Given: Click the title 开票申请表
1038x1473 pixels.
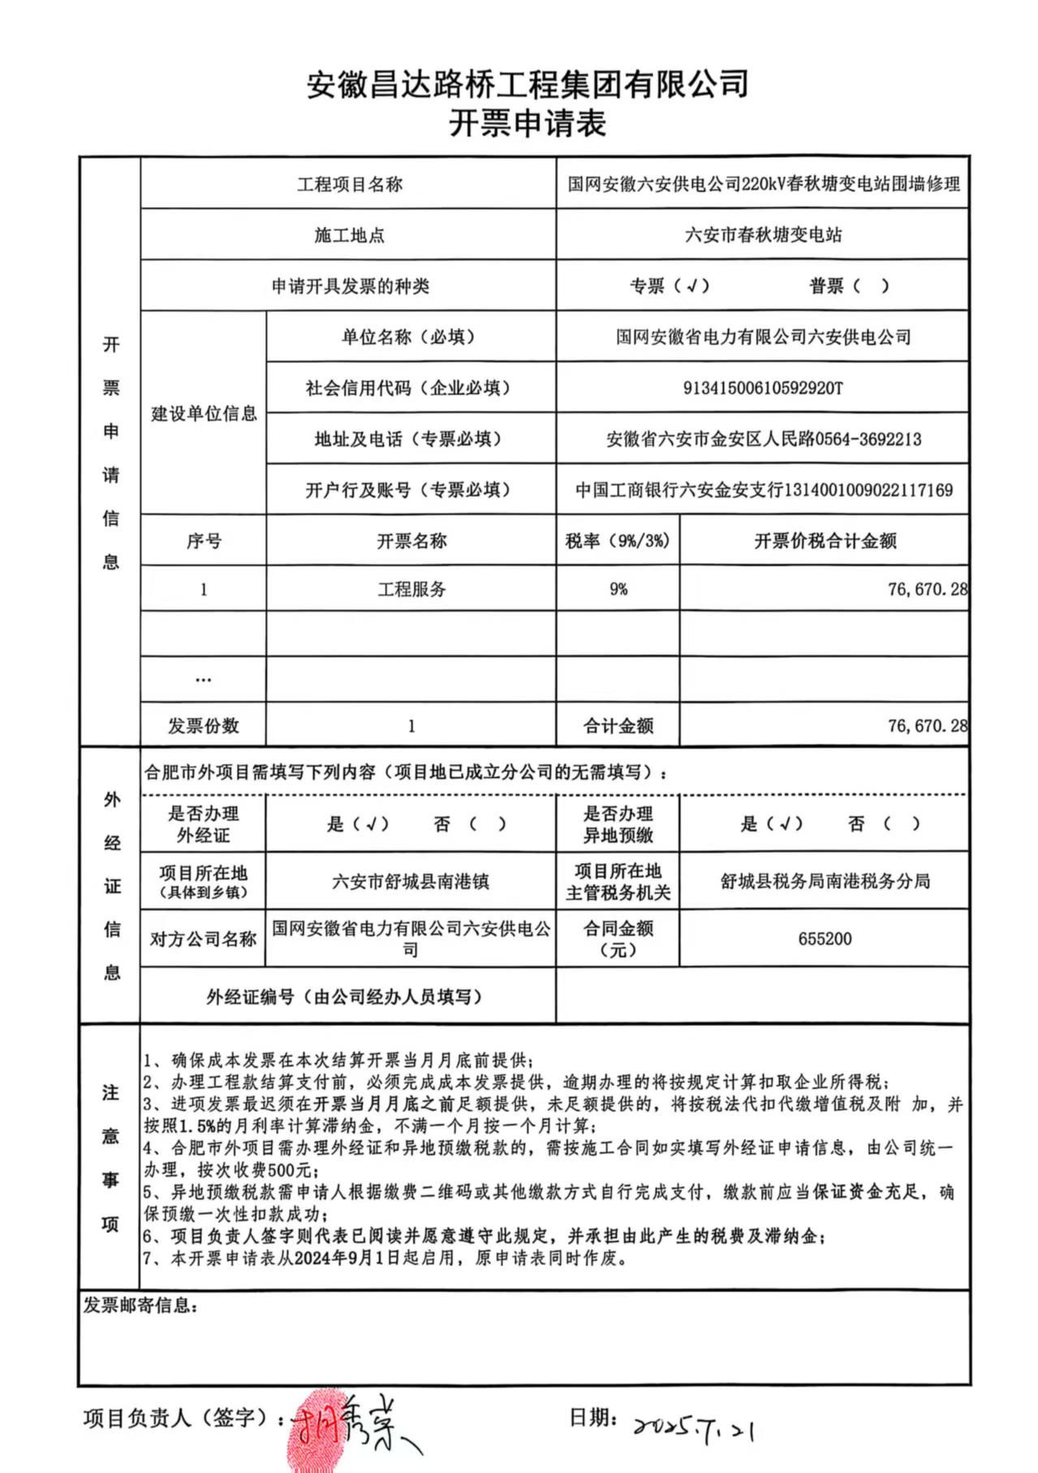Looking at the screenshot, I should (x=527, y=124).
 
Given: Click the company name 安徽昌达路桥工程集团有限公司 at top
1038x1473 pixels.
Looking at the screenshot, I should (x=527, y=84).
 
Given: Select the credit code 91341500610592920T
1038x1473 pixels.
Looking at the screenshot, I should (x=762, y=389).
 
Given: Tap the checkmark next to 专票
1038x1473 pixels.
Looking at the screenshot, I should (x=691, y=286).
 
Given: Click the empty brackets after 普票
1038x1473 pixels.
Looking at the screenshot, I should (x=872, y=286).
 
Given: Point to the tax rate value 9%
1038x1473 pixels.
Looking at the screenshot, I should (x=618, y=589).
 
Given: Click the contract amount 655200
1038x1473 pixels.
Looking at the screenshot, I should (x=825, y=938).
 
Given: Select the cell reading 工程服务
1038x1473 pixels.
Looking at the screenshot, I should (x=411, y=589).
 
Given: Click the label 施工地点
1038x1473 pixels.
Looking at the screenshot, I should (x=349, y=235).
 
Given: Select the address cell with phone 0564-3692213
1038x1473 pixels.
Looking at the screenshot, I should (x=763, y=440).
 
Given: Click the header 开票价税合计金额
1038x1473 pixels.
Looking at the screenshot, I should (x=825, y=541).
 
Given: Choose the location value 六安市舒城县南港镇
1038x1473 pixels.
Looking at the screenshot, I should (x=411, y=882).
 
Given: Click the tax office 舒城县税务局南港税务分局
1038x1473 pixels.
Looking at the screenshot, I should (x=825, y=882).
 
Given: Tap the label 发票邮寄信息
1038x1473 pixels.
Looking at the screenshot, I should (x=140, y=1305).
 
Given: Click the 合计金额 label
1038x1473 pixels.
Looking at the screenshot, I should (x=618, y=726).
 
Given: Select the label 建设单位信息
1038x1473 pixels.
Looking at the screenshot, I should (x=204, y=414).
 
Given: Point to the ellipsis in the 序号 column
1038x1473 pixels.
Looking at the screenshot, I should (x=203, y=679).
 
